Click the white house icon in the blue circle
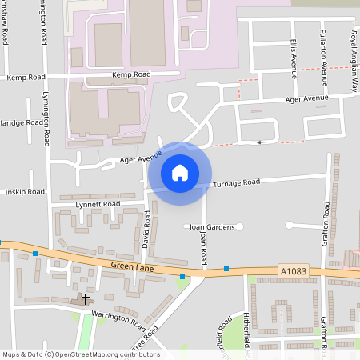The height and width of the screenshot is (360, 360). coord(180,172)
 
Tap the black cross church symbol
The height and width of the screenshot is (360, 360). coord(86,298)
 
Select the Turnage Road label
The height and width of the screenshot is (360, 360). coord(236,183)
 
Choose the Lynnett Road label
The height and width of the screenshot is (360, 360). coord(97,204)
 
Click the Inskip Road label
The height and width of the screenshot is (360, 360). coord(24,192)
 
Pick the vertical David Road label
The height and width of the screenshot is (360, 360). coord(146,229)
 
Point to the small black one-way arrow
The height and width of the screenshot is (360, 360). coord(262,142)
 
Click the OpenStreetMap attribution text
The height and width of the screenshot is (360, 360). coord(80,354)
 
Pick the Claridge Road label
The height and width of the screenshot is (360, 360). coord(22,123)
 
